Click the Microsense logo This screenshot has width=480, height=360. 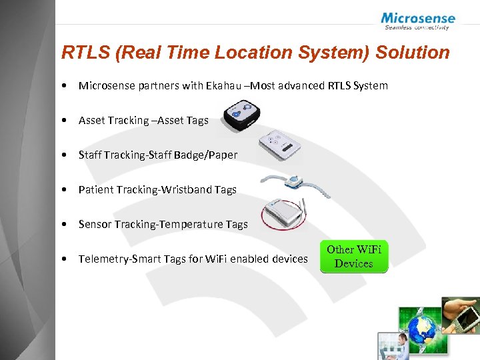(x=417, y=21)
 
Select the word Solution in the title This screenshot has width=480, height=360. (x=413, y=53)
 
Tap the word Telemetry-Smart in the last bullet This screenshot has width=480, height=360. (x=117, y=259)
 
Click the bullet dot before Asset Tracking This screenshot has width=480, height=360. (x=62, y=121)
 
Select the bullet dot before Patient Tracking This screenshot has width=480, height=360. (x=62, y=190)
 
